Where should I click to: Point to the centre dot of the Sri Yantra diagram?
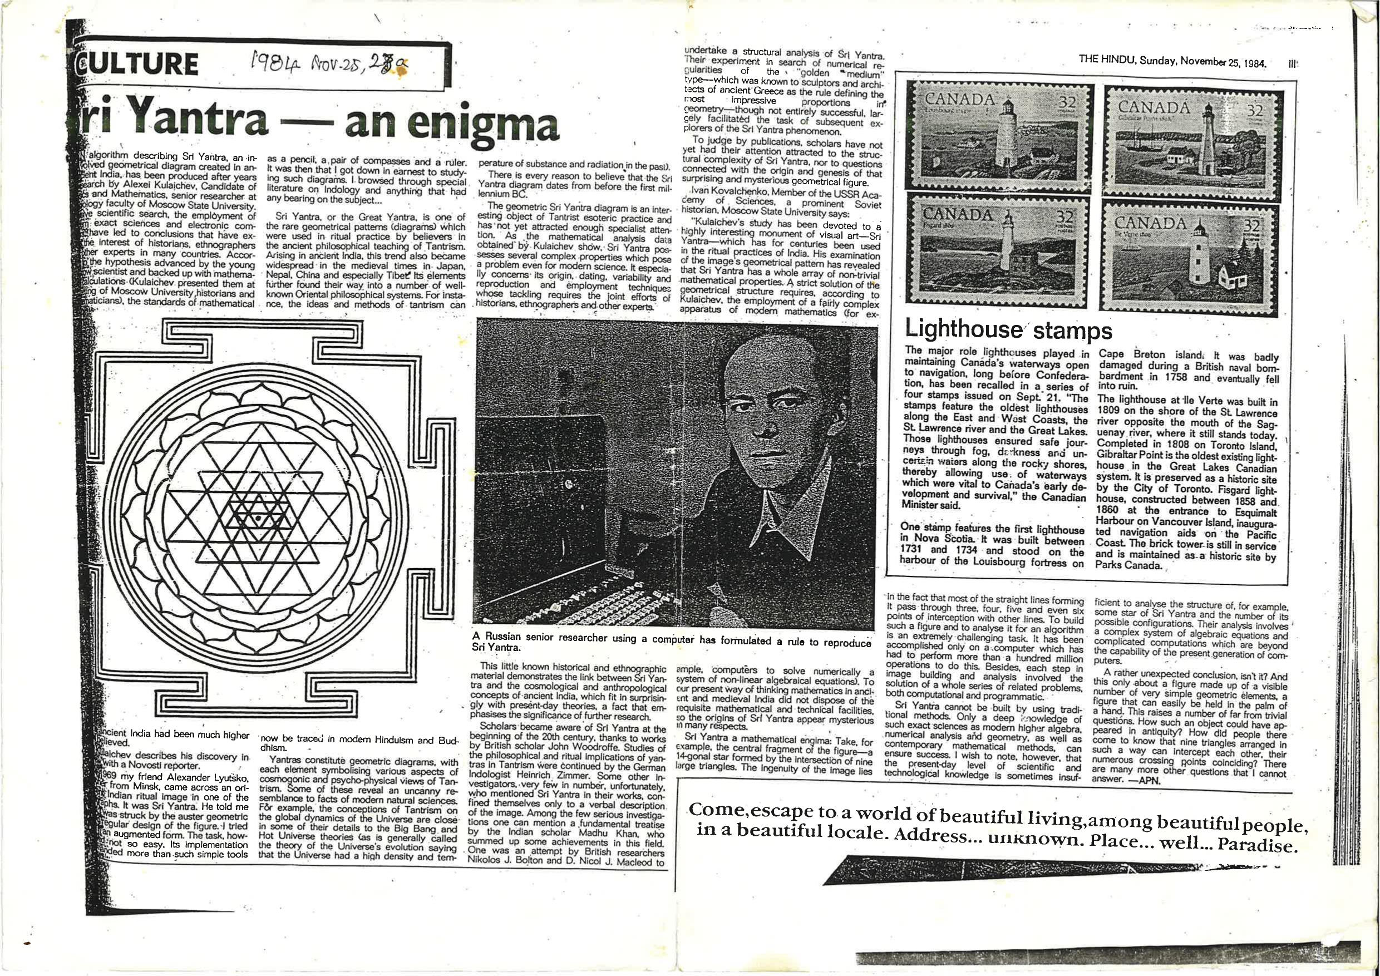pos(258,518)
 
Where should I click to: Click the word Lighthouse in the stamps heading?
pos(963,329)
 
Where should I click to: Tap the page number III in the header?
pos(1292,62)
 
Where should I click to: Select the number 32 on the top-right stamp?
pos(1254,111)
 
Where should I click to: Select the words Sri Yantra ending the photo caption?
pos(496,647)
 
